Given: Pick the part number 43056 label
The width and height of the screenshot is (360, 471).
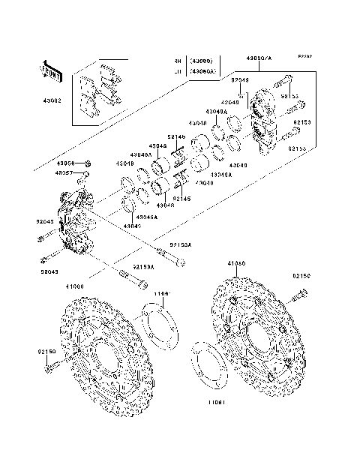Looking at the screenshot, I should coord(67,163).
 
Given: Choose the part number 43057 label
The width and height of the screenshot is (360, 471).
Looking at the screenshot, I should coord(67,172).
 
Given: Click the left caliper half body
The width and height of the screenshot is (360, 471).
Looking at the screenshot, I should coord(75,221).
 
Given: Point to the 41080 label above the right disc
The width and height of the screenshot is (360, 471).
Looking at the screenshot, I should coord(237,286).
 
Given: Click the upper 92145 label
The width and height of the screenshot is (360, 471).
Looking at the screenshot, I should coord(175,136).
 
